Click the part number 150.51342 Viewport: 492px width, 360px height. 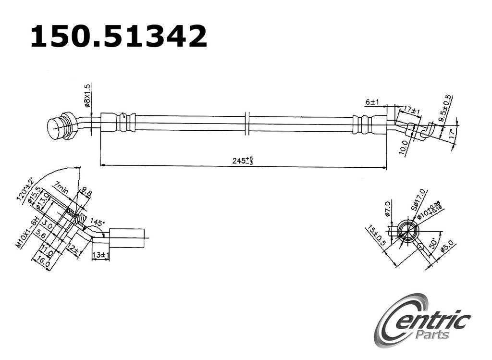tap(119, 36)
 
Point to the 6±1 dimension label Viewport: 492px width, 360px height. tap(372, 102)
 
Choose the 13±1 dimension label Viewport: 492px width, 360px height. tap(100, 255)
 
